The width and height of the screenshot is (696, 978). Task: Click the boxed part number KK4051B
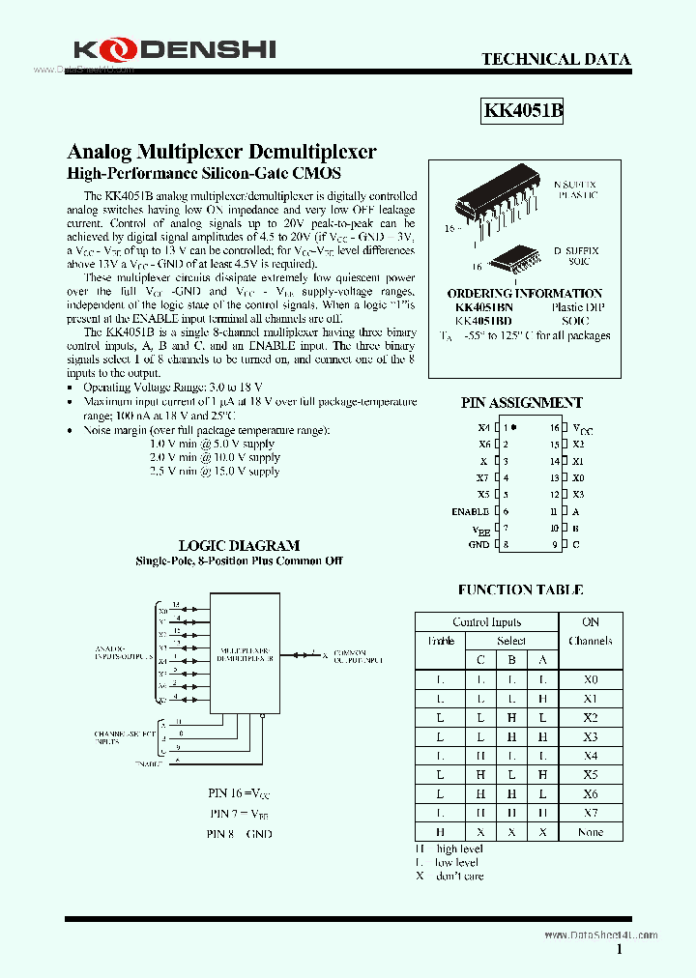[x=523, y=111]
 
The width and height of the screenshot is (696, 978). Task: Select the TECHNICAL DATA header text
[x=556, y=60]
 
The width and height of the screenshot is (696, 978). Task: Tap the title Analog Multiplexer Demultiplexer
[x=221, y=152]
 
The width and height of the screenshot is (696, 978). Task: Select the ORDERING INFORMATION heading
[x=525, y=293]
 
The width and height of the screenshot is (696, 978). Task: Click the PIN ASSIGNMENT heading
[x=521, y=402]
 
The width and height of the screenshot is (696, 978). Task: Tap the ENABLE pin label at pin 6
[x=471, y=511]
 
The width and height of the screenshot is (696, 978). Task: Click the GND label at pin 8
[x=478, y=545]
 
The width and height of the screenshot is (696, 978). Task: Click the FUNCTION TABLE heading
[x=520, y=590]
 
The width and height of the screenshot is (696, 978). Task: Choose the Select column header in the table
[x=511, y=641]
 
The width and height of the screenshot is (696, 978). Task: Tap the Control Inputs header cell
[x=486, y=622]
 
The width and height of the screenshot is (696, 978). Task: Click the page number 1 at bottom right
[x=619, y=951]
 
